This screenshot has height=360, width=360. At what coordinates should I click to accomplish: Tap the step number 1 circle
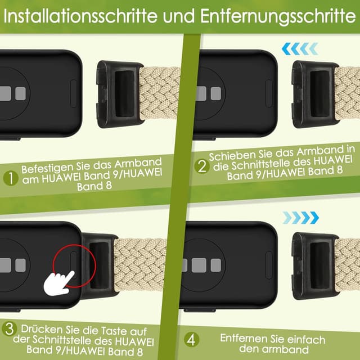10,178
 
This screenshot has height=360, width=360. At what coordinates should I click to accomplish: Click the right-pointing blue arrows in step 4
301,217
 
